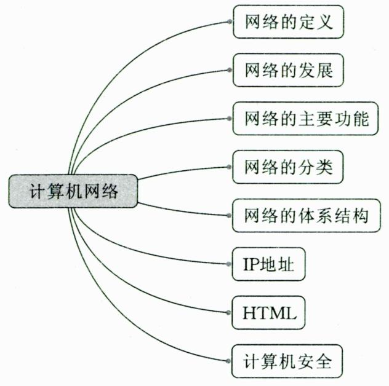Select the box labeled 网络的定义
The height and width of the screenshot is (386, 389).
(x=289, y=23)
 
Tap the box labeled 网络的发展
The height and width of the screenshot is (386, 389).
(x=289, y=71)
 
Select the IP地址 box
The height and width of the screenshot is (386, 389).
(x=269, y=264)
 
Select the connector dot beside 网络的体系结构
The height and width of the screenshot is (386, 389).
(x=230, y=216)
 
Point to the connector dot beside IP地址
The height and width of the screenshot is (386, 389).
(x=230, y=264)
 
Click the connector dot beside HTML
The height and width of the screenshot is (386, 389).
(x=230, y=313)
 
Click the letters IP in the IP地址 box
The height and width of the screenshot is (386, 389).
(x=251, y=264)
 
